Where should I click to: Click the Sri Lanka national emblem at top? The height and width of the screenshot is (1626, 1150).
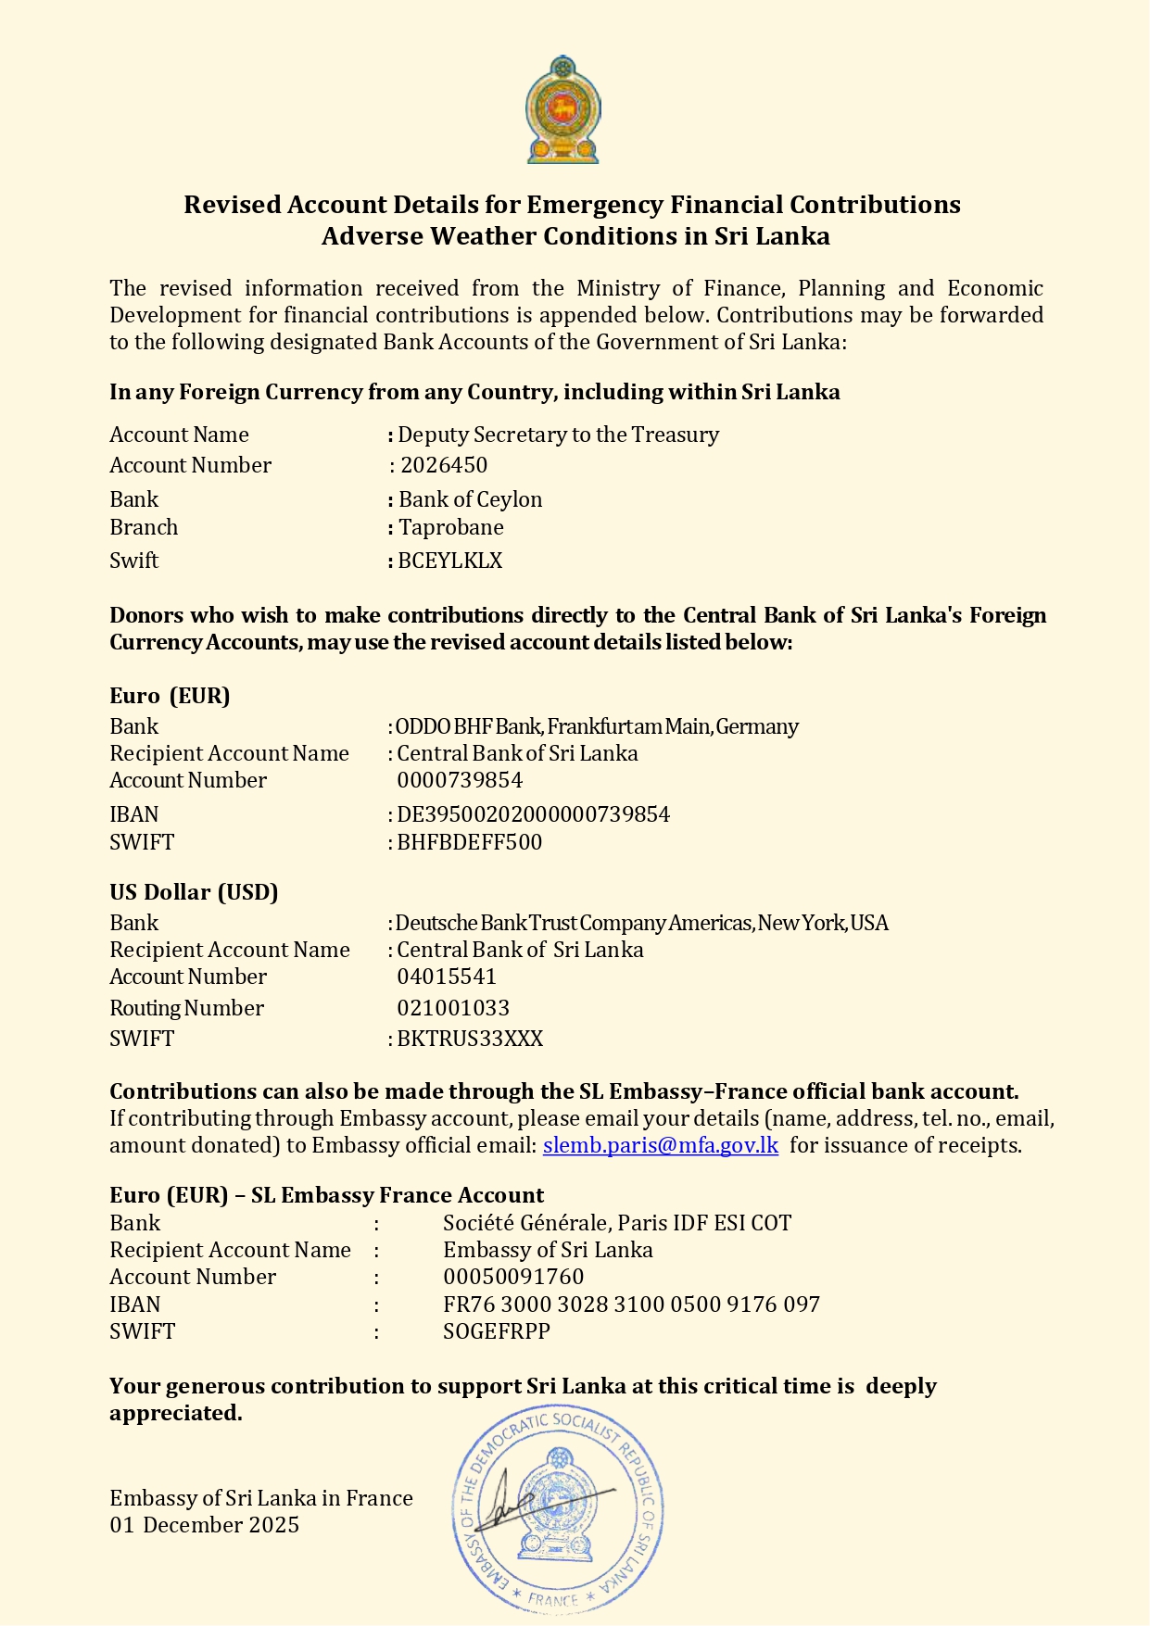click(562, 110)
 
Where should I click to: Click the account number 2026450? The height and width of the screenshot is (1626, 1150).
click(444, 465)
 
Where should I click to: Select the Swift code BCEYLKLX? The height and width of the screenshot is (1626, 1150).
click(449, 561)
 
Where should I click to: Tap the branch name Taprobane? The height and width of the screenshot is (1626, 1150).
click(451, 527)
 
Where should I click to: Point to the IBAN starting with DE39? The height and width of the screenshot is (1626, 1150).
click(533, 814)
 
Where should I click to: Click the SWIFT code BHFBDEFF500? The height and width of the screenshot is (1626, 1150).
click(470, 842)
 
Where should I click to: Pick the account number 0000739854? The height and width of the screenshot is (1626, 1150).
click(460, 780)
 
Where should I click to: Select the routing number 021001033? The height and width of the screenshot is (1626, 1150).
click(453, 1008)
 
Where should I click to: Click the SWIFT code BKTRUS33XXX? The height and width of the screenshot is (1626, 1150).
click(470, 1039)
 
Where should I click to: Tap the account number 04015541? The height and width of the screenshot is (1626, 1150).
click(447, 977)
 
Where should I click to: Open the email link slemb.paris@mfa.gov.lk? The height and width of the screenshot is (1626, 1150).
click(661, 1145)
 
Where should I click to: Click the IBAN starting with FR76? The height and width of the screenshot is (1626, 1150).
click(631, 1305)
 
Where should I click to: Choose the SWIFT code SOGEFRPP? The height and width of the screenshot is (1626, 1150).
click(497, 1331)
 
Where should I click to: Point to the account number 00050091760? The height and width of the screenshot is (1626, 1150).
click(513, 1277)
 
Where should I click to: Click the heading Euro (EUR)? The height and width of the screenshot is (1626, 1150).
click(170, 696)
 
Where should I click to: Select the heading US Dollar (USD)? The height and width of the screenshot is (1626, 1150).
click(194, 892)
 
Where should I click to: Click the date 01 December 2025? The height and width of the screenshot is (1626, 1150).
click(204, 1525)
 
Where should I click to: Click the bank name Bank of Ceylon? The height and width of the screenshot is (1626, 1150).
click(470, 499)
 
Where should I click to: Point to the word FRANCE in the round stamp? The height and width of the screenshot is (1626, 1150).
click(553, 1599)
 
